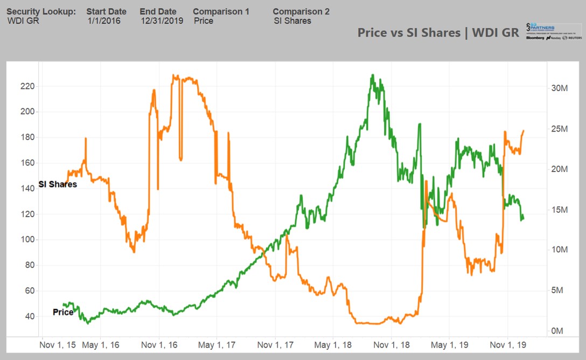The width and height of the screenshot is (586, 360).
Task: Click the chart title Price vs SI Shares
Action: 438,32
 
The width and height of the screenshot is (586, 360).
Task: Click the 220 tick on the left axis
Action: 27,86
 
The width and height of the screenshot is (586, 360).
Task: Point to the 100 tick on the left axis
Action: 27,240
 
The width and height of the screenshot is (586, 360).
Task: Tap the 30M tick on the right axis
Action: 560,88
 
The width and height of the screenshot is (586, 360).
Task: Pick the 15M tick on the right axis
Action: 560,210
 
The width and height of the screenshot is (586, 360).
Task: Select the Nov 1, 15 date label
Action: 58,344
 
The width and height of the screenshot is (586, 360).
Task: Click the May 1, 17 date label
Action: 216,344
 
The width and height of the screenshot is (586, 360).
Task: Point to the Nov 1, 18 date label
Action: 391,344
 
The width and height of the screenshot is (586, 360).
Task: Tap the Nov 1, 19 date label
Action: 508,344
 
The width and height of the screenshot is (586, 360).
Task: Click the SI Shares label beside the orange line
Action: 58,184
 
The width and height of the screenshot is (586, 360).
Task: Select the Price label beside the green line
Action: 63,312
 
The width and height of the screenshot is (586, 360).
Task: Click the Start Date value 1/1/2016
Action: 104,21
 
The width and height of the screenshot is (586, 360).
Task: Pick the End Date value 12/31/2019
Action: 162,21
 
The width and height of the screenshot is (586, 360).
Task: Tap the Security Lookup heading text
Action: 41,11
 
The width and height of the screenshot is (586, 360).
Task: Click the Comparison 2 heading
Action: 301,11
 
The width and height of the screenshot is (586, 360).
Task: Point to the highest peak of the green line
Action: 372,75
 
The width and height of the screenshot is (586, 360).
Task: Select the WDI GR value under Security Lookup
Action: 23,21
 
